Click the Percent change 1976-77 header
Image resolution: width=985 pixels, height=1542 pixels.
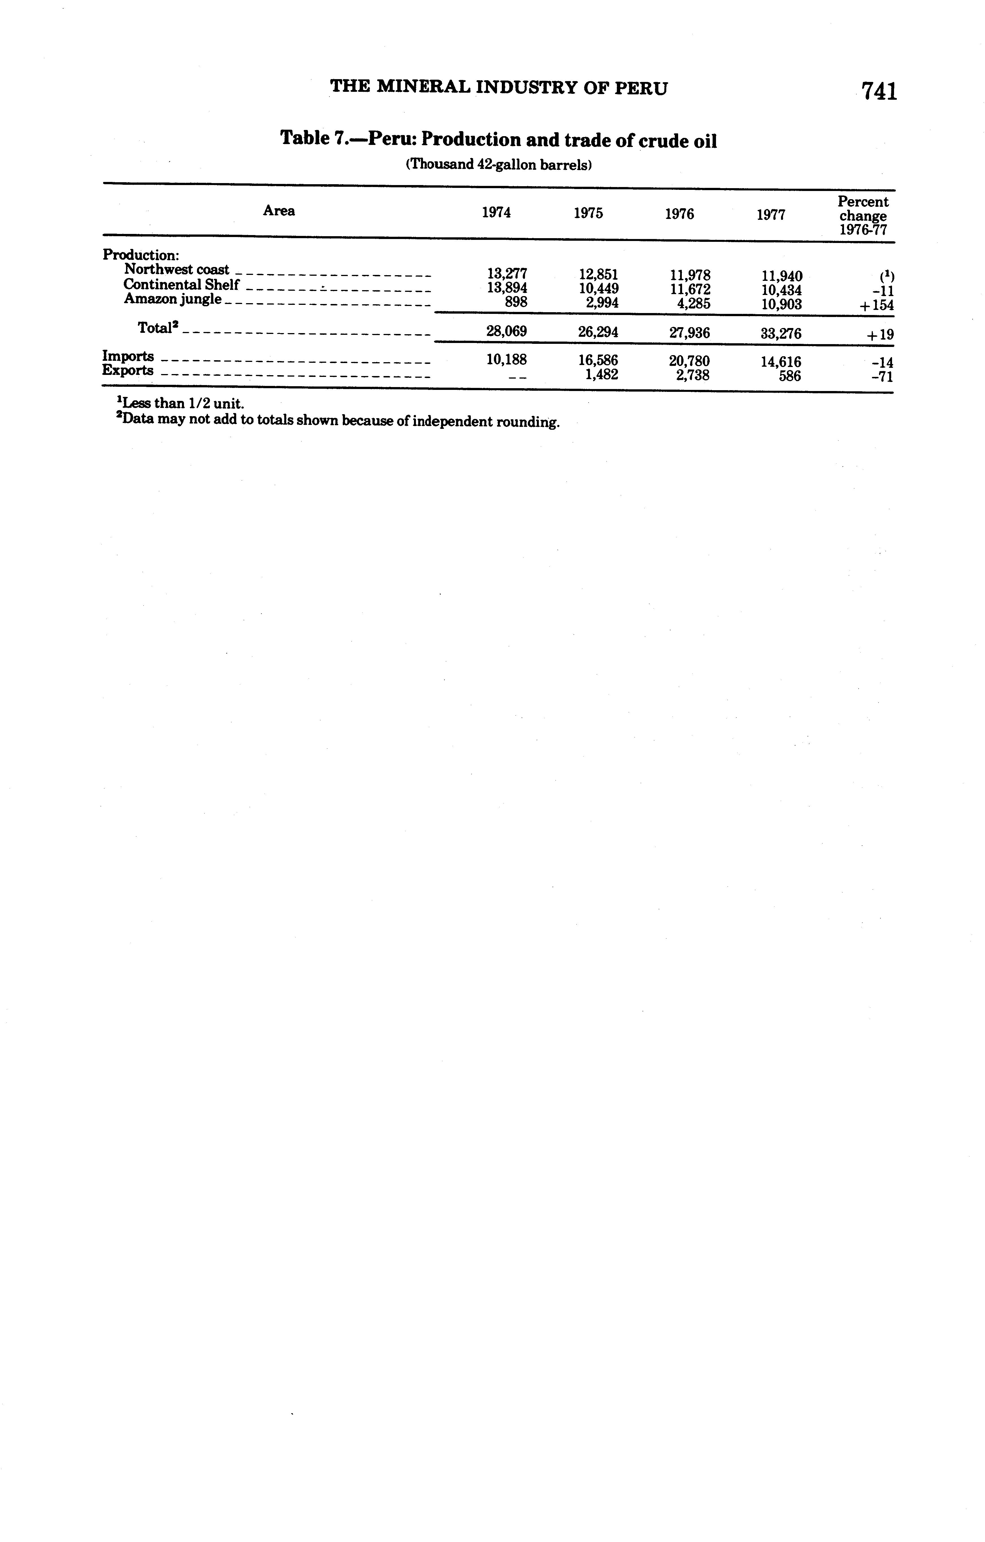pos(863,216)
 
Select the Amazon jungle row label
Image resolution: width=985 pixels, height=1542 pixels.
pos(173,299)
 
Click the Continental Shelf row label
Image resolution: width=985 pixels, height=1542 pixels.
pos(181,284)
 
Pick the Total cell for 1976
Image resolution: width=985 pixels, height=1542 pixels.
pos(689,333)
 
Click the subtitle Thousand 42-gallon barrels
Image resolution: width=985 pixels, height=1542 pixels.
pos(498,165)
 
